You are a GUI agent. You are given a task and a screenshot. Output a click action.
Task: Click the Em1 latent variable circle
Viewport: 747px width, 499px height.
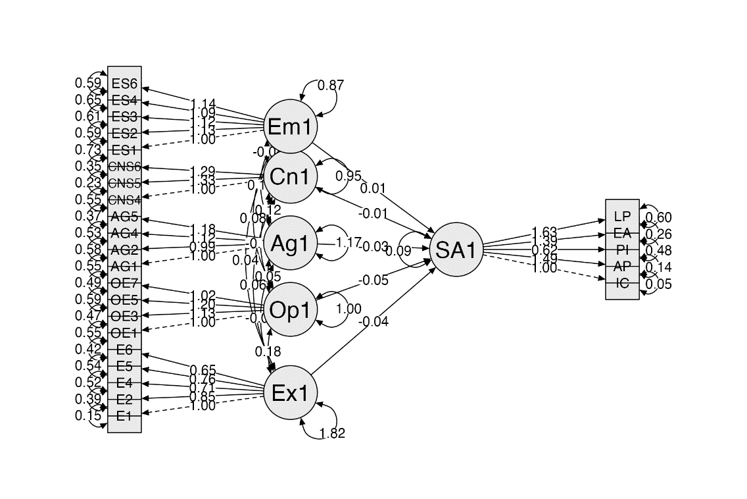(289, 126)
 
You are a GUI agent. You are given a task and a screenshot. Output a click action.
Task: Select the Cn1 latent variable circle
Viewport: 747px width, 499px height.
(289, 176)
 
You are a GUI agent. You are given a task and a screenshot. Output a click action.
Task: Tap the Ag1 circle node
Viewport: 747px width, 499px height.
(289, 243)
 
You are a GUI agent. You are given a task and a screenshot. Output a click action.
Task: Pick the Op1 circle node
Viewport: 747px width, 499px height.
(289, 309)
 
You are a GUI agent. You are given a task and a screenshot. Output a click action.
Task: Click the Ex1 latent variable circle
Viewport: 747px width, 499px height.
(289, 393)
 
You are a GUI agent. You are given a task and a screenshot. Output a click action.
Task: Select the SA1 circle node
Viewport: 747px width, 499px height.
(456, 249)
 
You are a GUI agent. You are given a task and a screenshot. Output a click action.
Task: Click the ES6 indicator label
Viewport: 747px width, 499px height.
(124, 84)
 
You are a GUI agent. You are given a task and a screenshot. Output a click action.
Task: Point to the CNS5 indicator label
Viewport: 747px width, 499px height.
(124, 183)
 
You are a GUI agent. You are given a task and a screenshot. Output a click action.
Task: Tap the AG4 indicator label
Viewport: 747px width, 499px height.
(124, 233)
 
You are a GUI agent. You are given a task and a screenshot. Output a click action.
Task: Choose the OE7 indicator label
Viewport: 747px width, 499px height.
(124, 283)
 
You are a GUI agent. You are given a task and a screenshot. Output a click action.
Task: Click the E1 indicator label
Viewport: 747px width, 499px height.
(124, 416)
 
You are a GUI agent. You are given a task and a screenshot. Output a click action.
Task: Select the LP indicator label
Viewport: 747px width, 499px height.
(622, 217)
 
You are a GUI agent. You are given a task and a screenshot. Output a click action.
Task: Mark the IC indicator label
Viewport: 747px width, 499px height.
(622, 283)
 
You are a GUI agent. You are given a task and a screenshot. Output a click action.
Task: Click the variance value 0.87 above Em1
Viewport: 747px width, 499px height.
(331, 85)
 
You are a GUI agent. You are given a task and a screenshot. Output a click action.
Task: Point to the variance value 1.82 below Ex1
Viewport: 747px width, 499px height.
(332, 433)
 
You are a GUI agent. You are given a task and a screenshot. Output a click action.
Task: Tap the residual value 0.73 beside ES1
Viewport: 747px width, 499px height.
(88, 150)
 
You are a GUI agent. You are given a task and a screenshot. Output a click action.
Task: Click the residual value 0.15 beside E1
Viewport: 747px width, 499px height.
(88, 416)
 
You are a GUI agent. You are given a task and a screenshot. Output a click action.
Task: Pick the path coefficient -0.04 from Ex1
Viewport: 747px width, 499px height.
(373, 321)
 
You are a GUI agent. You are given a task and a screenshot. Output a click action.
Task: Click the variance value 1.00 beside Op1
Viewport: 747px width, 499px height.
(349, 309)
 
